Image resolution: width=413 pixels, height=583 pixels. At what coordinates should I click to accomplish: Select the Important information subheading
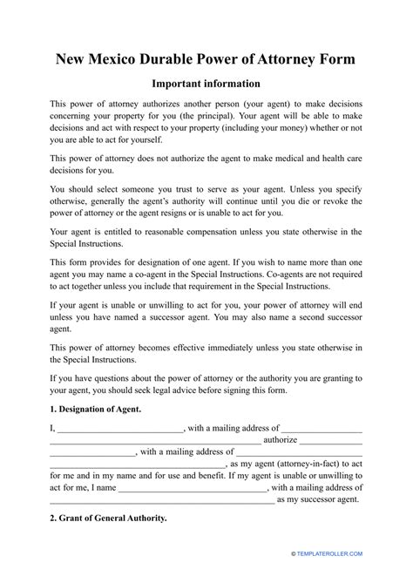(206, 84)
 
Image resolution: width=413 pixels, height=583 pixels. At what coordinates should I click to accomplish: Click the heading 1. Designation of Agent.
(95, 409)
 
